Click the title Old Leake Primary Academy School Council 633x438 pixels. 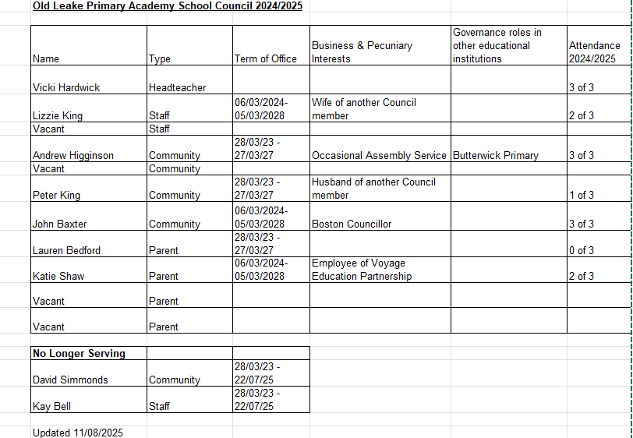(x=168, y=5)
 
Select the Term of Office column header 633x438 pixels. (x=265, y=58)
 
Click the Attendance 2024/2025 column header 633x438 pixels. (x=595, y=52)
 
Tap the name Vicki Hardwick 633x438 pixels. (x=66, y=87)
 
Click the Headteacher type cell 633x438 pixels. (x=177, y=87)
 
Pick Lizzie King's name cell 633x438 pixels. (x=58, y=115)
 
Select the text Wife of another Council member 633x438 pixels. (x=363, y=109)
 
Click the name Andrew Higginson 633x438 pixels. (x=73, y=155)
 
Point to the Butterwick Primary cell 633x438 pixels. (x=495, y=155)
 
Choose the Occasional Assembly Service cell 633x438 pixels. (x=379, y=155)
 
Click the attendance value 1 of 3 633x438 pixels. (x=582, y=195)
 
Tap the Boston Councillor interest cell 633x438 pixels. (x=352, y=224)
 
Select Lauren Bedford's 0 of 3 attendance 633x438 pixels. (x=582, y=250)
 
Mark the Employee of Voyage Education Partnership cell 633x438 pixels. (x=362, y=270)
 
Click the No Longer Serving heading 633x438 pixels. (x=79, y=353)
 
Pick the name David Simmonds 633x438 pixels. (x=70, y=380)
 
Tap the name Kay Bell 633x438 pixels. (x=52, y=406)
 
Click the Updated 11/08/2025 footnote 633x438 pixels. (x=77, y=433)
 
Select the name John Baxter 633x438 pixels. (x=59, y=224)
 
